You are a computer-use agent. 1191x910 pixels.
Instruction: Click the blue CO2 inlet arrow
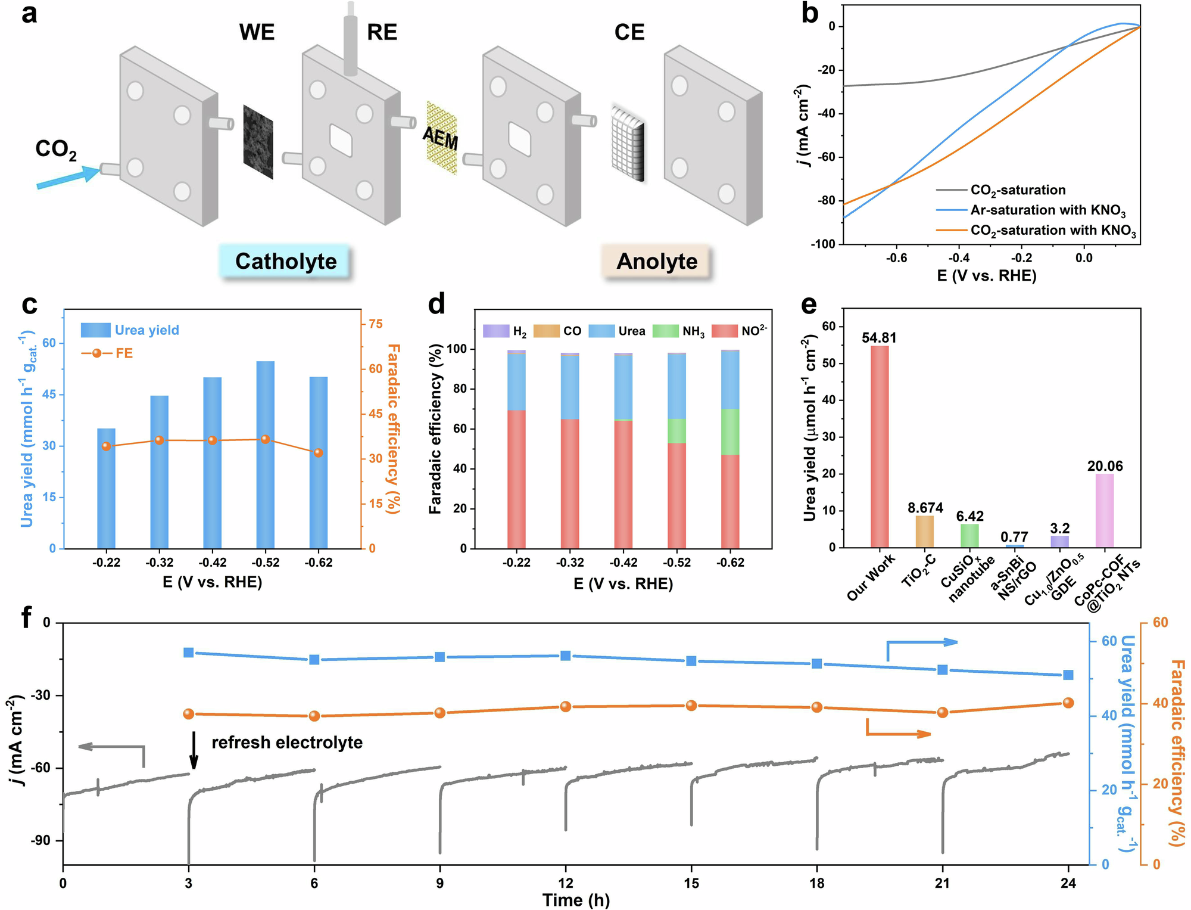click(x=68, y=178)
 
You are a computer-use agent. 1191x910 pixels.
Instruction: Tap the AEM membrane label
click(x=441, y=138)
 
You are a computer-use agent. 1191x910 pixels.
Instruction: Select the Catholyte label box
click(x=286, y=262)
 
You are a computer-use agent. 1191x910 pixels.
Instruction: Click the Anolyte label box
click(x=656, y=262)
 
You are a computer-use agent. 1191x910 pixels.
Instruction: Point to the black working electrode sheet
click(x=258, y=142)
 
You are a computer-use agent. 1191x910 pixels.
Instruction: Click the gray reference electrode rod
click(x=350, y=42)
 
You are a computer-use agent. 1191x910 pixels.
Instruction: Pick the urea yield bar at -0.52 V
click(x=266, y=454)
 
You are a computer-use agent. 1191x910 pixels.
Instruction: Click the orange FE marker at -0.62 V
click(x=319, y=453)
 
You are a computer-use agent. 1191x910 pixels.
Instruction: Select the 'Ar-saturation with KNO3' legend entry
click(x=1047, y=210)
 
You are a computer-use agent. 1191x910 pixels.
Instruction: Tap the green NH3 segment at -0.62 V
click(x=730, y=431)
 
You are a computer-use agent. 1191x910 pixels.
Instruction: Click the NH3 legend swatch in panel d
click(x=665, y=331)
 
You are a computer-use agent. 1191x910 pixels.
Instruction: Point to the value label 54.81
click(x=879, y=338)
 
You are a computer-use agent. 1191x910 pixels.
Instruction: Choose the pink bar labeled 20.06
click(x=1105, y=510)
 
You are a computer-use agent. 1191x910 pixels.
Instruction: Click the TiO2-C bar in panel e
click(x=924, y=531)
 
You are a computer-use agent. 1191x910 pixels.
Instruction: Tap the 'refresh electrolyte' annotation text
click(x=287, y=743)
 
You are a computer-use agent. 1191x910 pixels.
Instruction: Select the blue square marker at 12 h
click(x=566, y=656)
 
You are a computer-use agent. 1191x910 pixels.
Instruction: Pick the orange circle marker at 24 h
click(x=1068, y=703)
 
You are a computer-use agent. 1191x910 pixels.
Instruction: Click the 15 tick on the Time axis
click(x=691, y=883)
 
